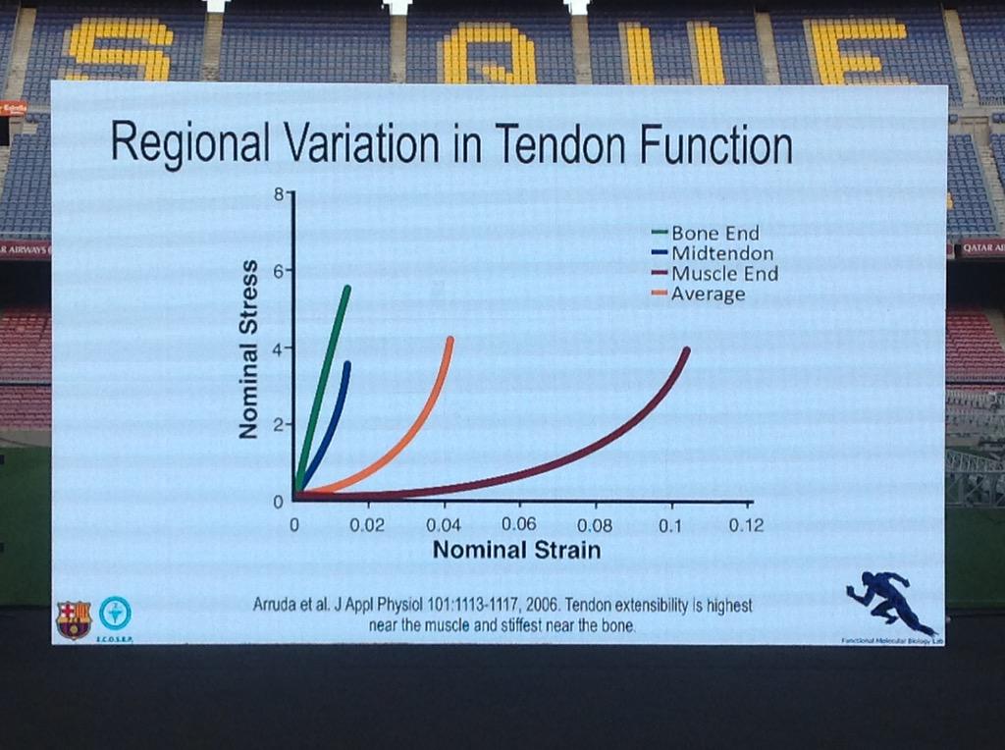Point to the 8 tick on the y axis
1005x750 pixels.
(x=278, y=194)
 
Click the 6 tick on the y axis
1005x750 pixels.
(x=278, y=271)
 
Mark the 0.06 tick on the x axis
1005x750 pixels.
(x=518, y=524)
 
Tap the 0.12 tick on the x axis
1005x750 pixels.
(x=746, y=525)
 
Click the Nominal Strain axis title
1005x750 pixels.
(x=516, y=550)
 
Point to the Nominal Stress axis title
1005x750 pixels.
(x=249, y=348)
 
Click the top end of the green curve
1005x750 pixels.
(x=347, y=289)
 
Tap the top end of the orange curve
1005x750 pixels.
(x=450, y=340)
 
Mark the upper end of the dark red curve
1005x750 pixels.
(x=686, y=350)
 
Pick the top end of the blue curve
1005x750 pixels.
(x=347, y=365)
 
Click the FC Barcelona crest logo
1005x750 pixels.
(x=74, y=619)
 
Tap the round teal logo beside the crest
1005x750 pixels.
(x=115, y=614)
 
